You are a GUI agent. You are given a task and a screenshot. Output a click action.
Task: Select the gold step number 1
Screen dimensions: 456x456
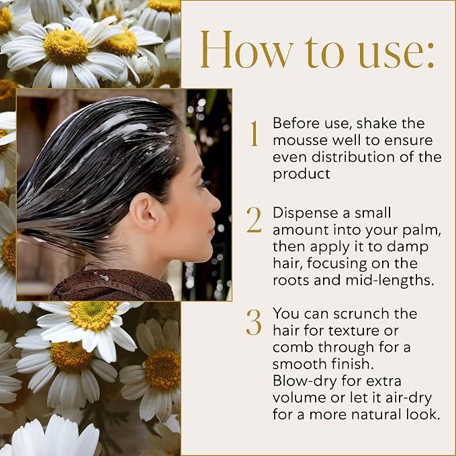(254, 134)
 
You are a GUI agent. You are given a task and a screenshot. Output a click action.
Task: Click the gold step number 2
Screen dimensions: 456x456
(254, 220)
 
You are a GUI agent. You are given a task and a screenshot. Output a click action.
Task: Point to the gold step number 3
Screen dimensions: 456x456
(254, 322)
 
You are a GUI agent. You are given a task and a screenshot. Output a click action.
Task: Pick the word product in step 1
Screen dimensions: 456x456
(302, 175)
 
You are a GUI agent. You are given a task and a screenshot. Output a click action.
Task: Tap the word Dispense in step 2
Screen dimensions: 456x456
(304, 214)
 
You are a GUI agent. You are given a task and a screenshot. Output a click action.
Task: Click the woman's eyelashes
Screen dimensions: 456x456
(205, 185)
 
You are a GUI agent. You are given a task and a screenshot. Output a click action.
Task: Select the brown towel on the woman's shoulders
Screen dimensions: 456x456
(112, 285)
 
